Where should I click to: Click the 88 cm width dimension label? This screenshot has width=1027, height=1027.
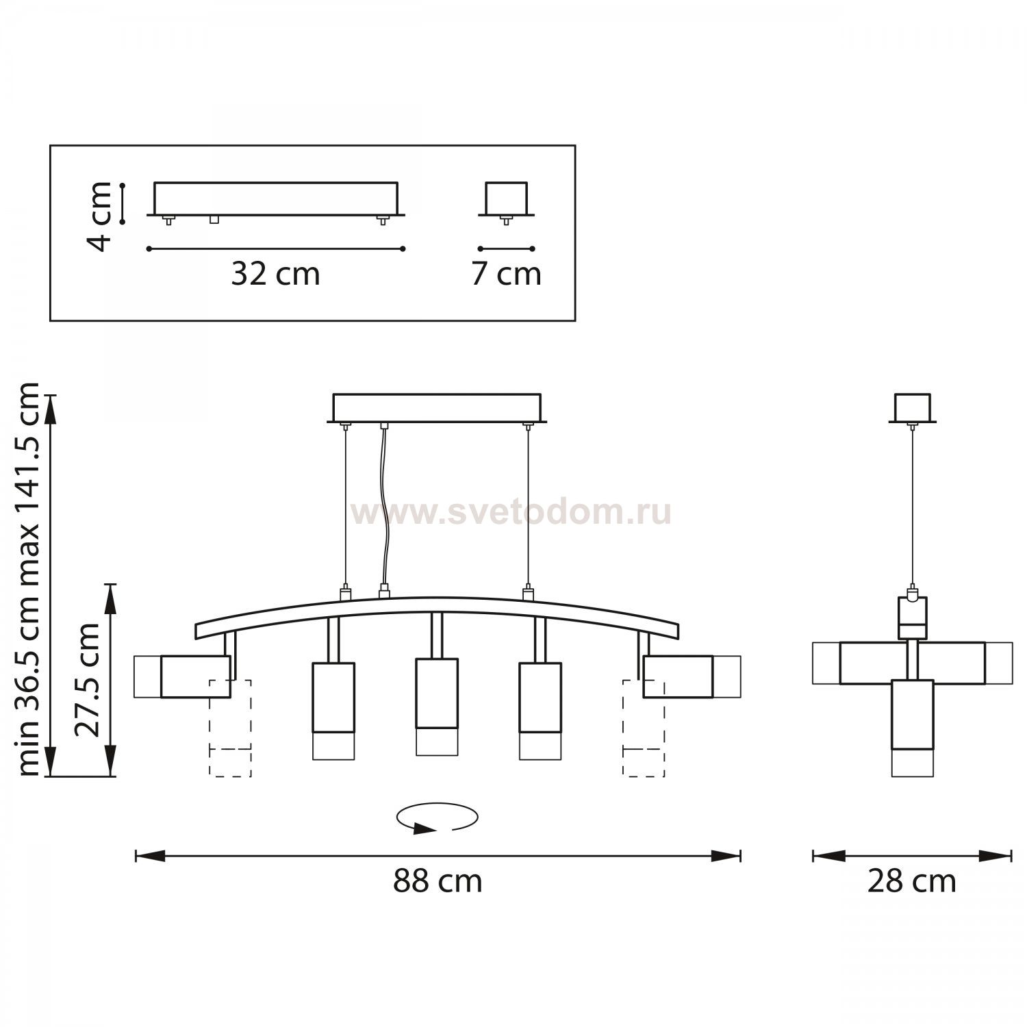(x=438, y=881)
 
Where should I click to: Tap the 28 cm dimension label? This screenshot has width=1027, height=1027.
(x=911, y=881)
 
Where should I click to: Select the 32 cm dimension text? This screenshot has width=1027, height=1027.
(x=275, y=274)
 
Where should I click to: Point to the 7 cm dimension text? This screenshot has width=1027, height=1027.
(x=506, y=274)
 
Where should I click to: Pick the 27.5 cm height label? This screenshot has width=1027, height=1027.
(x=88, y=680)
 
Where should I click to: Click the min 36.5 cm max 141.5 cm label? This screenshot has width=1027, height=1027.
(x=29, y=579)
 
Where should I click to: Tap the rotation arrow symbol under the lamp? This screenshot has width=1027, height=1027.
(x=437, y=818)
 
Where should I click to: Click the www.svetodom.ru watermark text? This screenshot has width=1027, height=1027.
(x=510, y=513)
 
